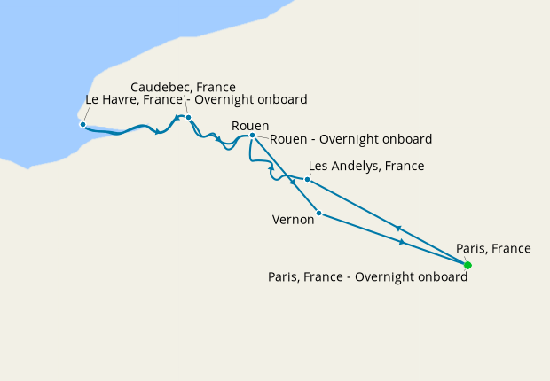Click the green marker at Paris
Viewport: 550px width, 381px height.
pyautogui.click(x=467, y=265)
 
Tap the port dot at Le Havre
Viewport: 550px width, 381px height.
pyautogui.click(x=82, y=124)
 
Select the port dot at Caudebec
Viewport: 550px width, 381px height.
pyautogui.click(x=189, y=117)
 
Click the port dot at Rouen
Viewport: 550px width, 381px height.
pyautogui.click(x=252, y=136)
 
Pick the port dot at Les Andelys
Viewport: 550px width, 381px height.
pyautogui.click(x=307, y=179)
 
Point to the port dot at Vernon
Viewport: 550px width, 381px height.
pyautogui.click(x=318, y=213)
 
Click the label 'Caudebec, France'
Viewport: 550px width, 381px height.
pyautogui.click(x=183, y=87)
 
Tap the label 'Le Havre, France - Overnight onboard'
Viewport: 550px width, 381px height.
pyautogui.click(x=196, y=100)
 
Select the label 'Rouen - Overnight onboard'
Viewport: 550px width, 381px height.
pyautogui.click(x=350, y=139)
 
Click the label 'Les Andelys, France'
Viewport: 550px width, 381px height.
pyautogui.click(x=365, y=166)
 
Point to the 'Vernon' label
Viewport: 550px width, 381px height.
pyautogui.click(x=294, y=220)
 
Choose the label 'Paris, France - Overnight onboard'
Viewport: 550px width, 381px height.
pyautogui.click(x=367, y=276)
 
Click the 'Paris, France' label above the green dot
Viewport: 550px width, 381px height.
pyautogui.click(x=493, y=248)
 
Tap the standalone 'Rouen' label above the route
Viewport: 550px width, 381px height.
pyautogui.click(x=249, y=126)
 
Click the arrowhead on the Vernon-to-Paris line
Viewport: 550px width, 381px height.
pyautogui.click(x=403, y=242)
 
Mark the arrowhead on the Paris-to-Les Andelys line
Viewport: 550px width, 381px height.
pyautogui.click(x=398, y=227)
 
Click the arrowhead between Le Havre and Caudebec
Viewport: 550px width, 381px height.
pyautogui.click(x=157, y=133)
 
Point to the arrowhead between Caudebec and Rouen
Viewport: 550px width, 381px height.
pyautogui.click(x=218, y=139)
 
